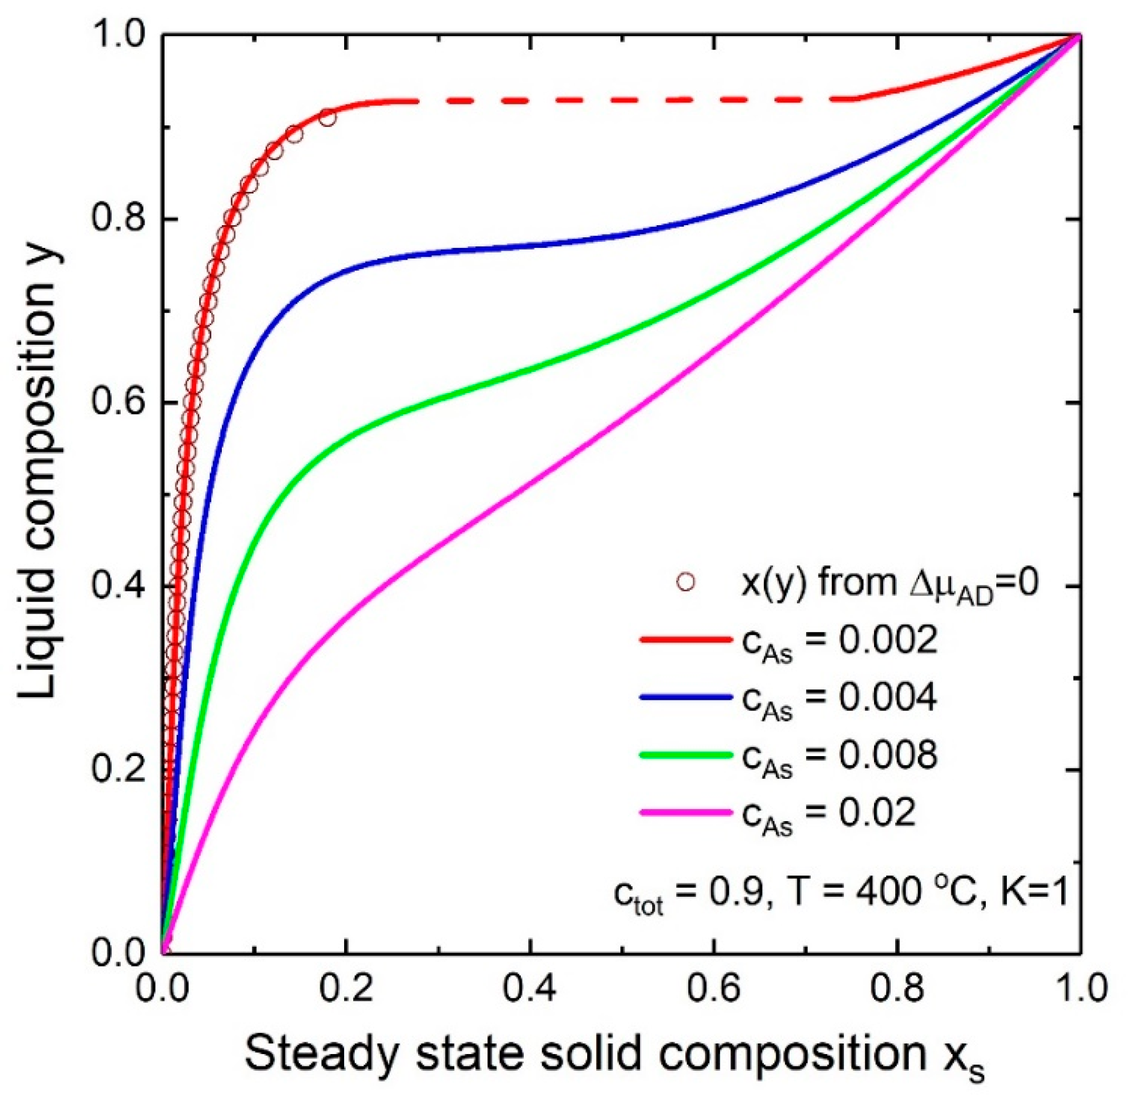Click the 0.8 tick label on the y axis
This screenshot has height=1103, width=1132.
[x=118, y=220]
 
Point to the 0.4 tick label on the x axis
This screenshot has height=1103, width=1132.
[x=529, y=990]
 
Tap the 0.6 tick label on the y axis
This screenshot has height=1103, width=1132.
[x=118, y=403]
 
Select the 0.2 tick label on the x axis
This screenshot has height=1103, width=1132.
[x=345, y=990]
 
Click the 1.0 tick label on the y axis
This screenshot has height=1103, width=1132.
[x=118, y=36]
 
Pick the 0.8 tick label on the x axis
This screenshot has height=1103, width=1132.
[x=897, y=990]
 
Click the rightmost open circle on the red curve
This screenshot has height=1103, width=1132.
[x=328, y=118]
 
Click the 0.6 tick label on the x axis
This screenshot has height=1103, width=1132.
[x=713, y=990]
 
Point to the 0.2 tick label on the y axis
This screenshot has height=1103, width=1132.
[x=118, y=770]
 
